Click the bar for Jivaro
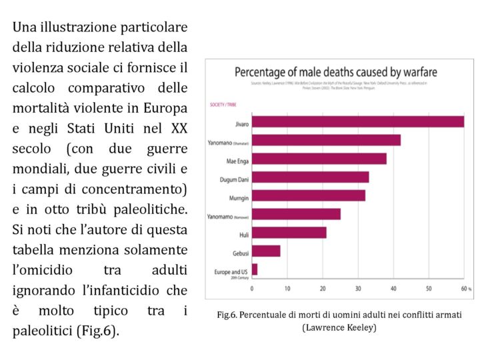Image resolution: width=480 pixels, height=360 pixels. click(x=357, y=121)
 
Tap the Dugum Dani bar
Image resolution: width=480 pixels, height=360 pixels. click(x=310, y=177)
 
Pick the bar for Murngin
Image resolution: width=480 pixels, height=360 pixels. click(x=308, y=195)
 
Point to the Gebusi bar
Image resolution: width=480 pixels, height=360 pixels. click(x=266, y=251)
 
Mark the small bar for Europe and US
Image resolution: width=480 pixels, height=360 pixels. click(x=255, y=269)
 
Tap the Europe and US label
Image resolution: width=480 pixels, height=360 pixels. click(x=231, y=271)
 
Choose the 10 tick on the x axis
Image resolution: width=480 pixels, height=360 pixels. click(x=287, y=289)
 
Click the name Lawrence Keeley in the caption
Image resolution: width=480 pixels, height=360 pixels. click(x=339, y=327)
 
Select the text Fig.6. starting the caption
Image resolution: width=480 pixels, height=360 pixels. click(x=229, y=314)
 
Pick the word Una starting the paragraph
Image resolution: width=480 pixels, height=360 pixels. click(x=24, y=27)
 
